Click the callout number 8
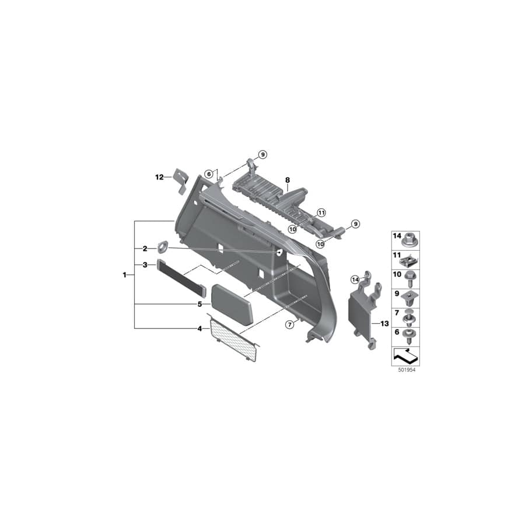288,181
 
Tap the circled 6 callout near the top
208,174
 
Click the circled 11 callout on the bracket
320,212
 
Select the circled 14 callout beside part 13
355,281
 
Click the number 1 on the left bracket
125,274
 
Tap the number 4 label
199,329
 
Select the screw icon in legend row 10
410,278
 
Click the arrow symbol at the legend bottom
405,353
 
